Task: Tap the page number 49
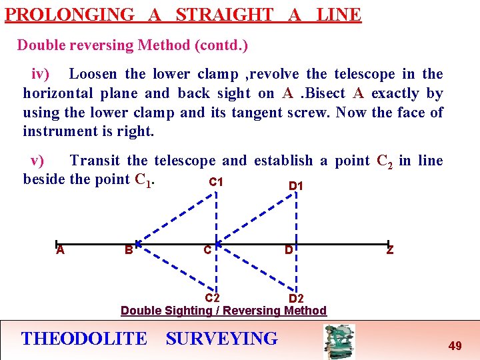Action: point(455,345)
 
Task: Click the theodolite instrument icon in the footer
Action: point(339,341)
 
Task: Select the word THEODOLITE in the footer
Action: point(84,339)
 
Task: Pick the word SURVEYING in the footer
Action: point(222,339)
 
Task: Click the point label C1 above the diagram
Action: point(216,182)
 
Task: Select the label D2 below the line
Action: point(296,299)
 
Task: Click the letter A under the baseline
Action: point(60,251)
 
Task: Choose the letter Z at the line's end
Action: point(389,251)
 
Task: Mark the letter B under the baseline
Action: point(128,251)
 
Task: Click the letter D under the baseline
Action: point(289,251)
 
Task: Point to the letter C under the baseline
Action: point(208,251)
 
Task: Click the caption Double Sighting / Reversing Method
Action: point(223,311)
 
